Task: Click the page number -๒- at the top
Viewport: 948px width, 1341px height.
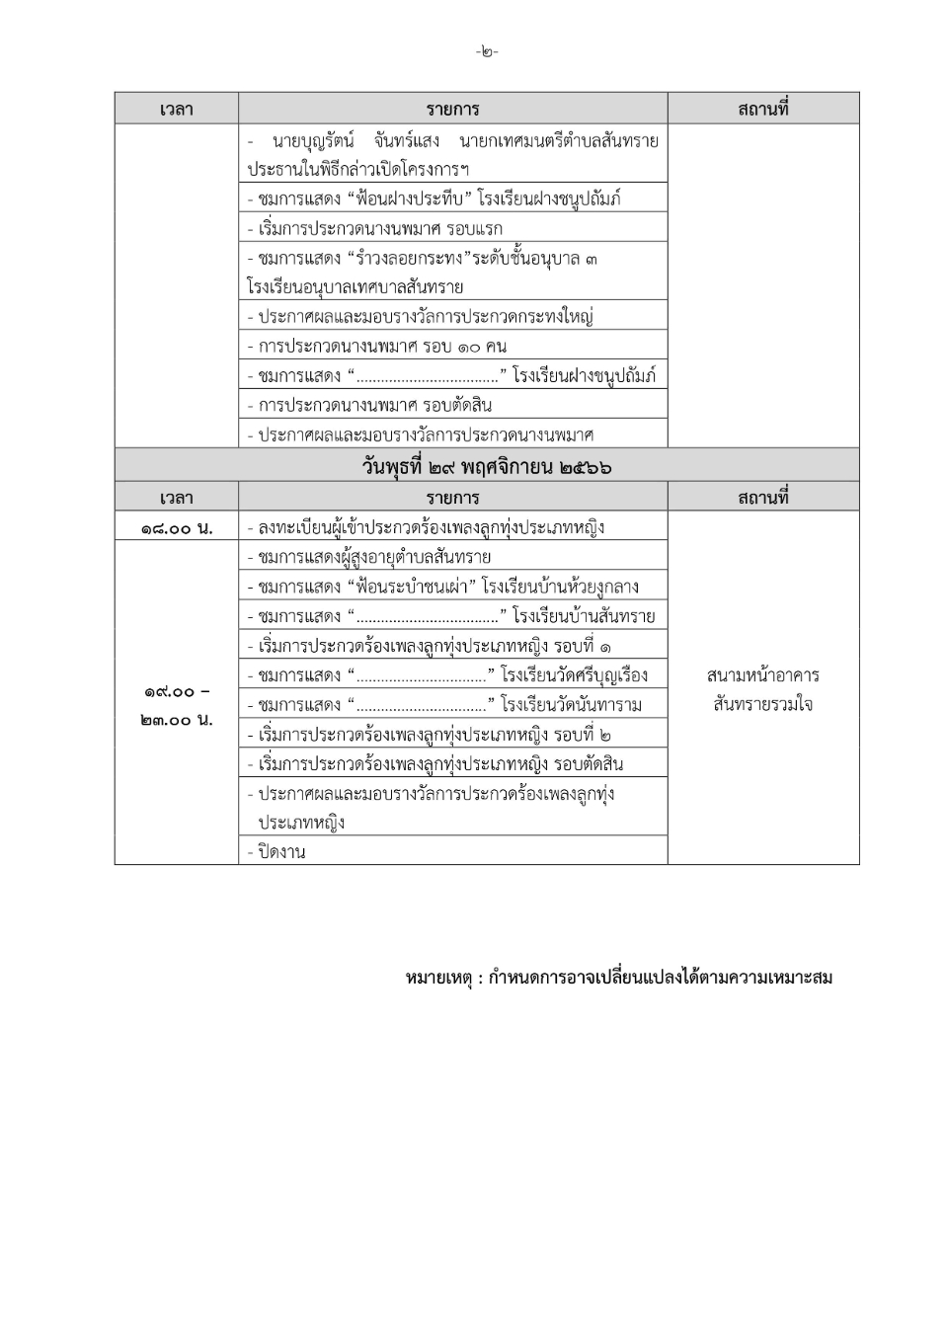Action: (486, 51)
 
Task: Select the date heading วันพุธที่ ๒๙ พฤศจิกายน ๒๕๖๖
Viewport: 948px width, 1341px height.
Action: (486, 466)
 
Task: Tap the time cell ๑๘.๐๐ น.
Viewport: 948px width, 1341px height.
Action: (176, 527)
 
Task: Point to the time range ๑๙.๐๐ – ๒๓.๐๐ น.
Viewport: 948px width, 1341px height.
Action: (176, 705)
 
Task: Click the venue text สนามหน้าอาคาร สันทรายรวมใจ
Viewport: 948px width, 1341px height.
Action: (762, 689)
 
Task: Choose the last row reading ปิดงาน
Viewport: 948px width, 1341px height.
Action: (281, 851)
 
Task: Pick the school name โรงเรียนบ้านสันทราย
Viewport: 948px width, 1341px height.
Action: (583, 616)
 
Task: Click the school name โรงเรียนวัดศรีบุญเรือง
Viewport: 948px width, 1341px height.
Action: (574, 675)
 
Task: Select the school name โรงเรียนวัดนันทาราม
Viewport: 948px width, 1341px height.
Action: (571, 705)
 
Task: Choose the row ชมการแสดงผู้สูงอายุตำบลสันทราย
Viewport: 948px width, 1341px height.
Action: (374, 557)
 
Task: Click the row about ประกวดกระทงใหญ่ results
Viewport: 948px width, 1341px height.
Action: (425, 317)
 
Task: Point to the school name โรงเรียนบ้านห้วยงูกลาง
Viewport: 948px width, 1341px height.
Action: (560, 587)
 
